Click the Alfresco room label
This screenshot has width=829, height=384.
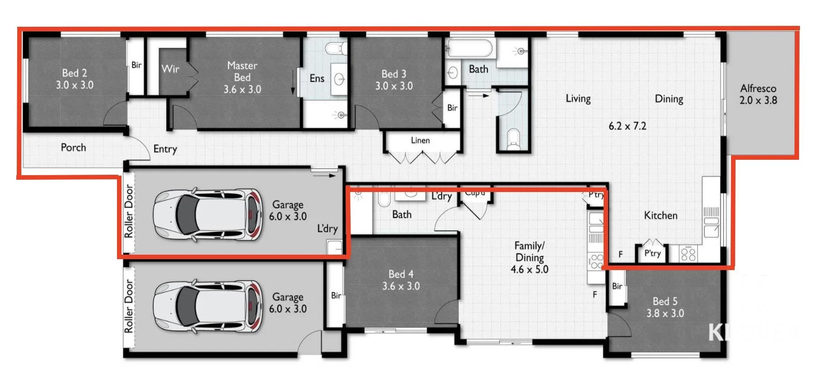758,89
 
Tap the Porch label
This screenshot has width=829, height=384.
73,148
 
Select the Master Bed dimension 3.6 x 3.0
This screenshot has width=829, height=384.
242,90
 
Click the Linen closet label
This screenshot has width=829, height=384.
420,141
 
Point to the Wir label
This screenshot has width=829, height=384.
171,69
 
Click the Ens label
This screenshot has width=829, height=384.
317,79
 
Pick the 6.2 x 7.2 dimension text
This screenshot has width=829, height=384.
627,126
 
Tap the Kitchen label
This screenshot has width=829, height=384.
661,216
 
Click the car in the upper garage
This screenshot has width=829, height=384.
208,214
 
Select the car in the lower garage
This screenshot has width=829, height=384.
208,307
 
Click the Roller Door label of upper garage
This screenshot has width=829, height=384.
129,211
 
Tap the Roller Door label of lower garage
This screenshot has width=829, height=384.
129,306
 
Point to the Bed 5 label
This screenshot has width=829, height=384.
665,301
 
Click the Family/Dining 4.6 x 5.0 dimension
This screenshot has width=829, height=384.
529,270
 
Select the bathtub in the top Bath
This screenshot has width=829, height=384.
470,48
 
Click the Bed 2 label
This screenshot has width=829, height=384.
74,73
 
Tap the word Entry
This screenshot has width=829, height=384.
165,149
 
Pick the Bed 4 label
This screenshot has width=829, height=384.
401,274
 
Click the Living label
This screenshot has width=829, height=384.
578,99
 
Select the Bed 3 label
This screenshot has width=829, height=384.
394,74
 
